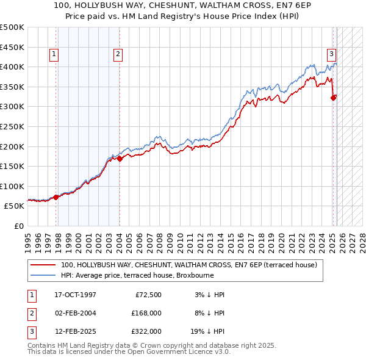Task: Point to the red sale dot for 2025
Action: pos(333,97)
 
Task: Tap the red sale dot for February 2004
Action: pos(120,159)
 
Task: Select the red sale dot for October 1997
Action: pos(56,197)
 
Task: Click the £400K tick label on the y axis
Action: pos(12,67)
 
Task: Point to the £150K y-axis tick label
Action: pos(12,166)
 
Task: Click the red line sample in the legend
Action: pos(43,265)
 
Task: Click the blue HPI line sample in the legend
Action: pos(43,275)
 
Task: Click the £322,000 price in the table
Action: pos(146,331)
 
